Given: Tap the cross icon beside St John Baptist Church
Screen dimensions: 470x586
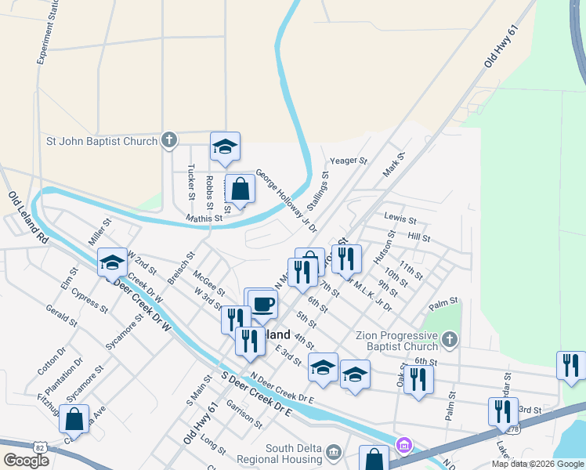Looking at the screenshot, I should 168,141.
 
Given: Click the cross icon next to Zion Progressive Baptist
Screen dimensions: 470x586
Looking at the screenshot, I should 449,339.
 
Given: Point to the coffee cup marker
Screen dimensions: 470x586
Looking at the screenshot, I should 262,304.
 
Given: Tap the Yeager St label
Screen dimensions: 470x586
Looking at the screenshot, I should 349,161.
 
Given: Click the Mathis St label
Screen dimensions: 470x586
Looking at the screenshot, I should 204,218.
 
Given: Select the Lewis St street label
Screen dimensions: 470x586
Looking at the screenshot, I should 400,217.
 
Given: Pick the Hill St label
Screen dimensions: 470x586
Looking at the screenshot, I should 419,237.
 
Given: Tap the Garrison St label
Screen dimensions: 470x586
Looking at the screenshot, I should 244,414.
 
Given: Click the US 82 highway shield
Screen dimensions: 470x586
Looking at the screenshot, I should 39,446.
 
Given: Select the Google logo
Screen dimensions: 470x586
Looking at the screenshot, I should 27,461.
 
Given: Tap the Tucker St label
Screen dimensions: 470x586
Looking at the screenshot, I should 191,181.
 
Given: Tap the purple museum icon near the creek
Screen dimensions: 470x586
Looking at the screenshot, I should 403,446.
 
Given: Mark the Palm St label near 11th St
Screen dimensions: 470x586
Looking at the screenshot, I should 443,302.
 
